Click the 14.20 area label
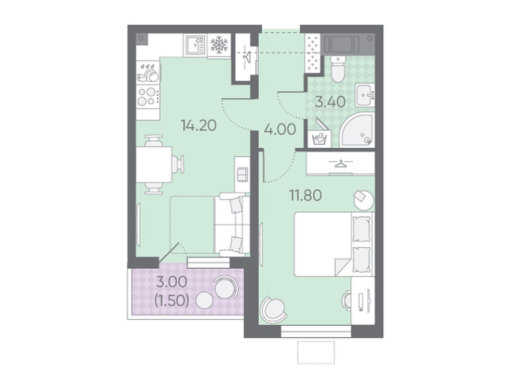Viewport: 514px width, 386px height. (198, 125)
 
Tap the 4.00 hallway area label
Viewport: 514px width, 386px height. (280, 129)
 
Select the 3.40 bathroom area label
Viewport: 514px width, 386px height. (330, 102)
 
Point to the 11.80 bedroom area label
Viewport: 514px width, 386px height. (306, 196)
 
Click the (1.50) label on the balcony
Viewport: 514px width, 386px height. (172, 301)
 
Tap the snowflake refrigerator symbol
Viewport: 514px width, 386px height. (219, 45)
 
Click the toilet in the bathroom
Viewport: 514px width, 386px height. (338, 69)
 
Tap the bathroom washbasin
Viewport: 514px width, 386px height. (365, 96)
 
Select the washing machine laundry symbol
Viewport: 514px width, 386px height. (319, 139)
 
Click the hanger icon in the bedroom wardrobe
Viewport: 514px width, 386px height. (341, 163)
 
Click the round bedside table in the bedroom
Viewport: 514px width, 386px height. (364, 200)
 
